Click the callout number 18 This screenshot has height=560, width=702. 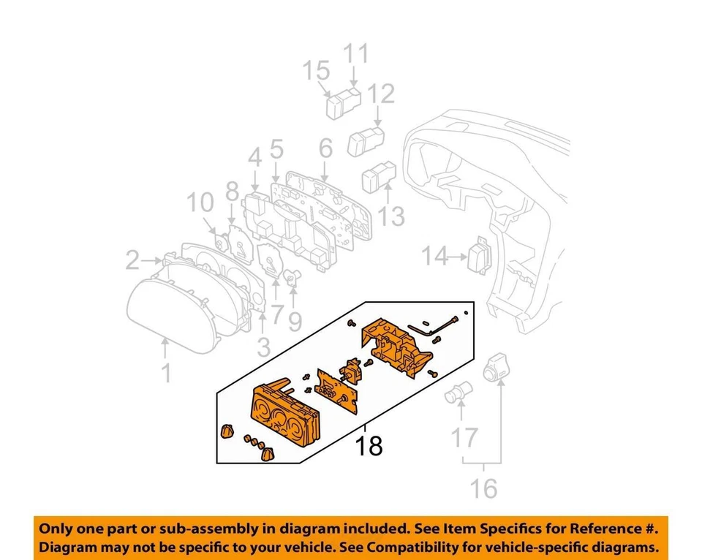point(369,444)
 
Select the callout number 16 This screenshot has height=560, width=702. point(483,488)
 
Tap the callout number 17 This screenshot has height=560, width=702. point(464,438)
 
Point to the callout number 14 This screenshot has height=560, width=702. point(434,256)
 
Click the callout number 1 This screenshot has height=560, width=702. point(167,373)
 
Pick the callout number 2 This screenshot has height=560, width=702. point(132,260)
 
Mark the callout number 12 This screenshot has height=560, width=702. point(381,93)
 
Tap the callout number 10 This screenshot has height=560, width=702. point(199,203)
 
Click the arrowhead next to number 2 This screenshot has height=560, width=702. point(159,260)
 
